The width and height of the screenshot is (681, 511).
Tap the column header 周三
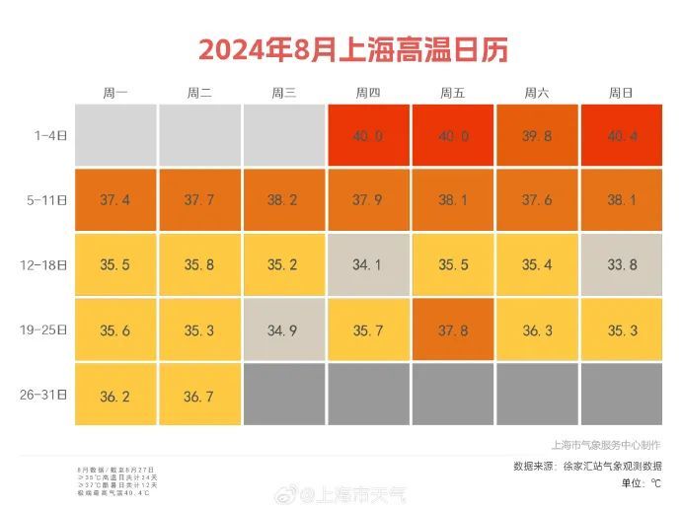283,93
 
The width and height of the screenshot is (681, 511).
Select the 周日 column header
621,93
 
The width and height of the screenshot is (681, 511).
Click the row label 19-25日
44,330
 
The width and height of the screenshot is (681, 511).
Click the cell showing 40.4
621,135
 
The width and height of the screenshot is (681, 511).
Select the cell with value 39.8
537,135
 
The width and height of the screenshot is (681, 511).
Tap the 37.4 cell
115,200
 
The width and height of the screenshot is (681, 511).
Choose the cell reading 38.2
283,200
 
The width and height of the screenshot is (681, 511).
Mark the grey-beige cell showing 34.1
368,265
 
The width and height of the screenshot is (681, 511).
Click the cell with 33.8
621,265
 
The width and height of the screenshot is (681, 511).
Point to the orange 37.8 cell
453,330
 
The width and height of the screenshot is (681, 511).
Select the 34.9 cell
283,330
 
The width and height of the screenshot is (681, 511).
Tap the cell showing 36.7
199,396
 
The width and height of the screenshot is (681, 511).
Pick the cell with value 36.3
537,330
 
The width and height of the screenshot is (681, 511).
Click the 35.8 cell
199,265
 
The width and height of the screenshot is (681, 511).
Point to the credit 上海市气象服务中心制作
606,446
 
